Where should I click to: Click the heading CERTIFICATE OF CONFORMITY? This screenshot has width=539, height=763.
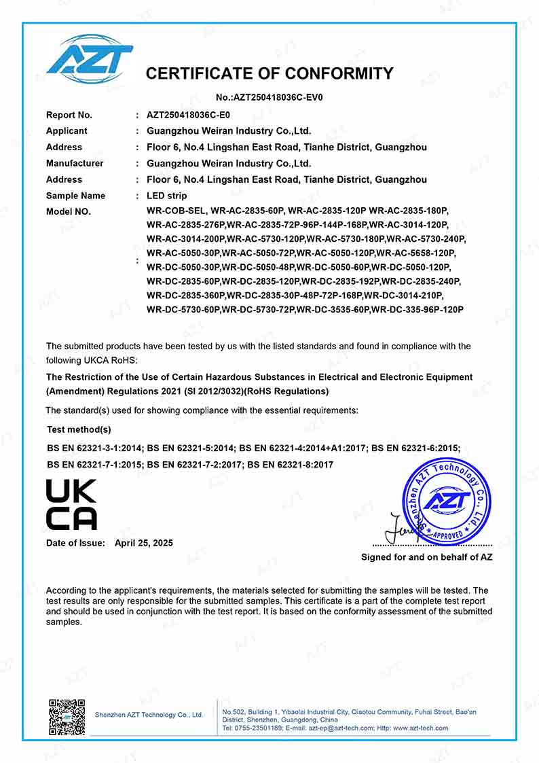[x=269, y=73]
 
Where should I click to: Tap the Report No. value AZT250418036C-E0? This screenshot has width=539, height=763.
[x=188, y=115]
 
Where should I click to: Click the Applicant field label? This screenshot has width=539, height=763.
[x=67, y=131]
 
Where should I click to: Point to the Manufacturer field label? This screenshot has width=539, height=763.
[x=75, y=164]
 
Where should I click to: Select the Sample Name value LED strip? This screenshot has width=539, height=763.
[x=166, y=196]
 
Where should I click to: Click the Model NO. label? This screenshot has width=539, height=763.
[x=68, y=212]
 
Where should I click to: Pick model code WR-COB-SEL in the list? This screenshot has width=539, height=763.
[x=176, y=212]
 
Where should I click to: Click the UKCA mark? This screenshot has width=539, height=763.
[x=71, y=505]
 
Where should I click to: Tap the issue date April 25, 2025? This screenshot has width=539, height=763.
[x=143, y=543]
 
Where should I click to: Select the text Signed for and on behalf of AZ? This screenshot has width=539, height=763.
[x=426, y=557]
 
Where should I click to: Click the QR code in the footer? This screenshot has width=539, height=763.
[x=67, y=717]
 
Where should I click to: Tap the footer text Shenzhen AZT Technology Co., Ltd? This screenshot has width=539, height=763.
[x=149, y=715]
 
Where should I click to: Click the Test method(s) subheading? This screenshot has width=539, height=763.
[x=79, y=429]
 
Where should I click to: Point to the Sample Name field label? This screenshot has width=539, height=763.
[x=75, y=196]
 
